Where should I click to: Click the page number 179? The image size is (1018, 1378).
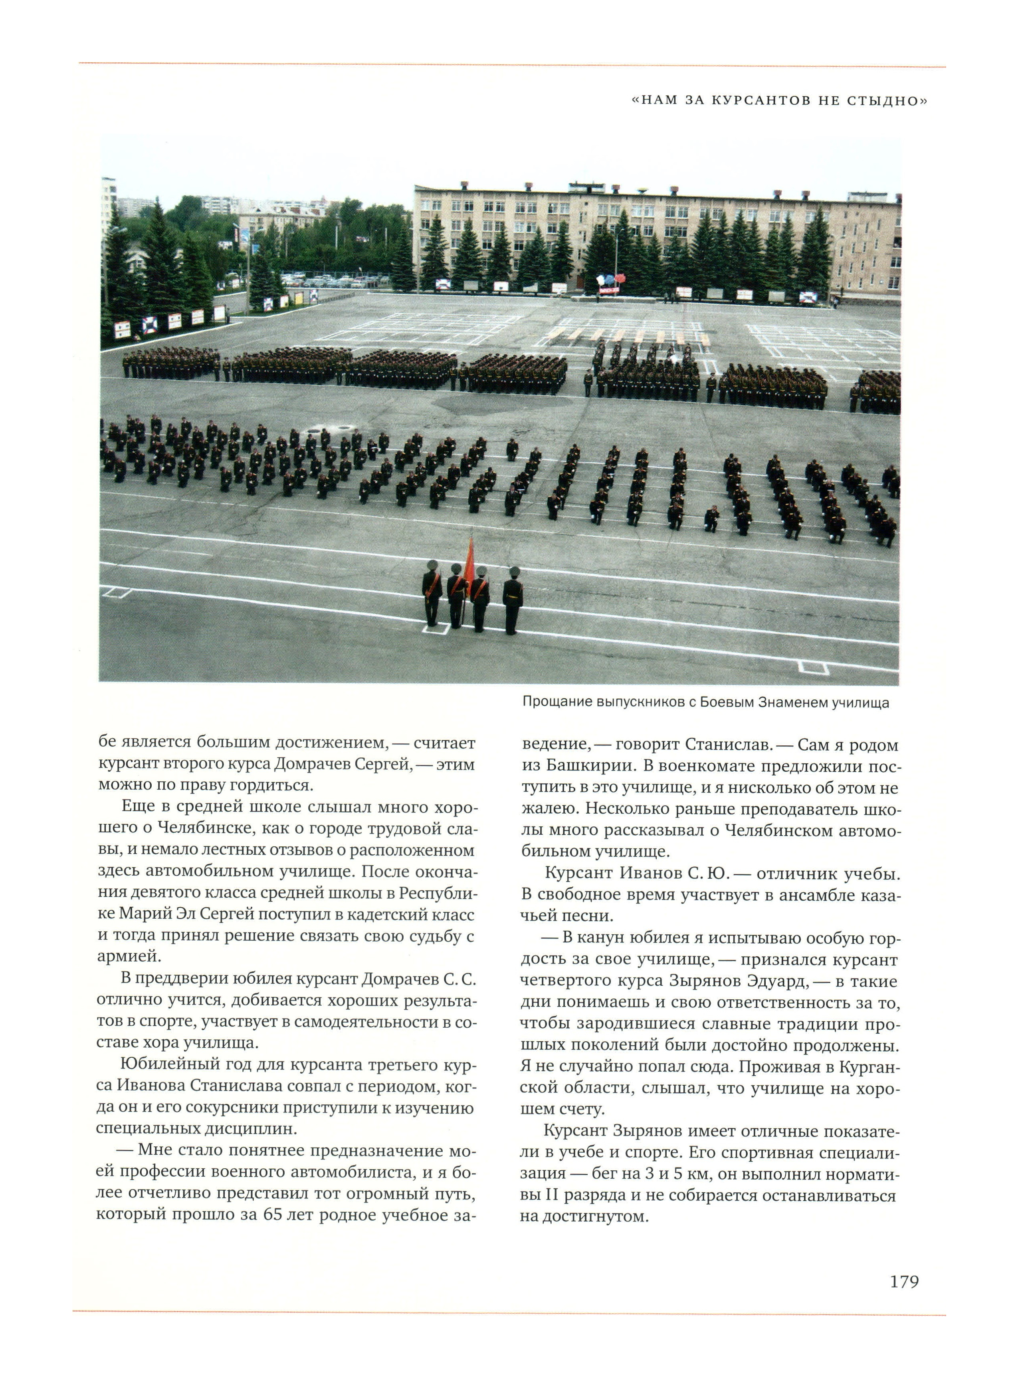(x=904, y=1282)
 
